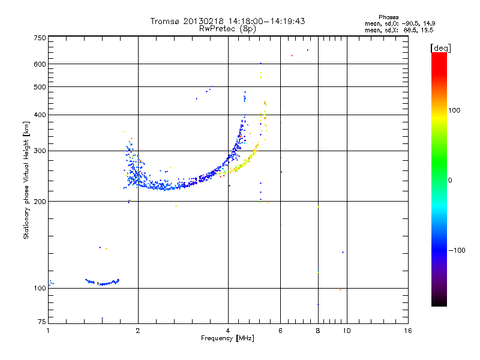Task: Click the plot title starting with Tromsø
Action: point(227,21)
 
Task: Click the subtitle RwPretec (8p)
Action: point(227,28)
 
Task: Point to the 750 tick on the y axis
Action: point(40,38)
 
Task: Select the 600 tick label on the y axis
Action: point(40,64)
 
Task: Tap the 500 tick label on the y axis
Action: point(40,87)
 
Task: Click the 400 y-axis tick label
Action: point(40,115)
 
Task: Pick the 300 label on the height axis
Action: point(40,151)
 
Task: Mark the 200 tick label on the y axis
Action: point(40,202)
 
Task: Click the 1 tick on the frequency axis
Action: point(48,330)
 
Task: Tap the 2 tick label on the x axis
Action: point(138,330)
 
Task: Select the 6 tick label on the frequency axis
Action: point(281,330)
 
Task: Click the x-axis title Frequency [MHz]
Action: point(227,338)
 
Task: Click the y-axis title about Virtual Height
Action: point(26,180)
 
